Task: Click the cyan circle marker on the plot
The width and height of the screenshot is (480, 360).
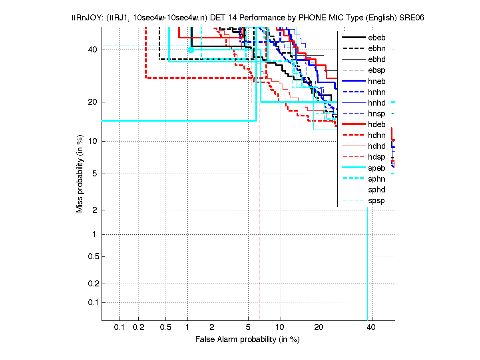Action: coord(191,50)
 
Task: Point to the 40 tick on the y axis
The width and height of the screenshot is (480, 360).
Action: coord(92,50)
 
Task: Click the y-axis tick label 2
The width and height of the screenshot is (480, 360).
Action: coord(95,210)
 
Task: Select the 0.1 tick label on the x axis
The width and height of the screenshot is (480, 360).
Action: coord(119,328)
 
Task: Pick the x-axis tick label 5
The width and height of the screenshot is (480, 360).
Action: coord(248,328)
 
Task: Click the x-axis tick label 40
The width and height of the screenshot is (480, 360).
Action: coord(371,328)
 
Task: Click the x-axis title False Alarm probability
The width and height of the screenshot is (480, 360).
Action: coord(247,339)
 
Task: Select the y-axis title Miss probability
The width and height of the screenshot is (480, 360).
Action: coord(80,174)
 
